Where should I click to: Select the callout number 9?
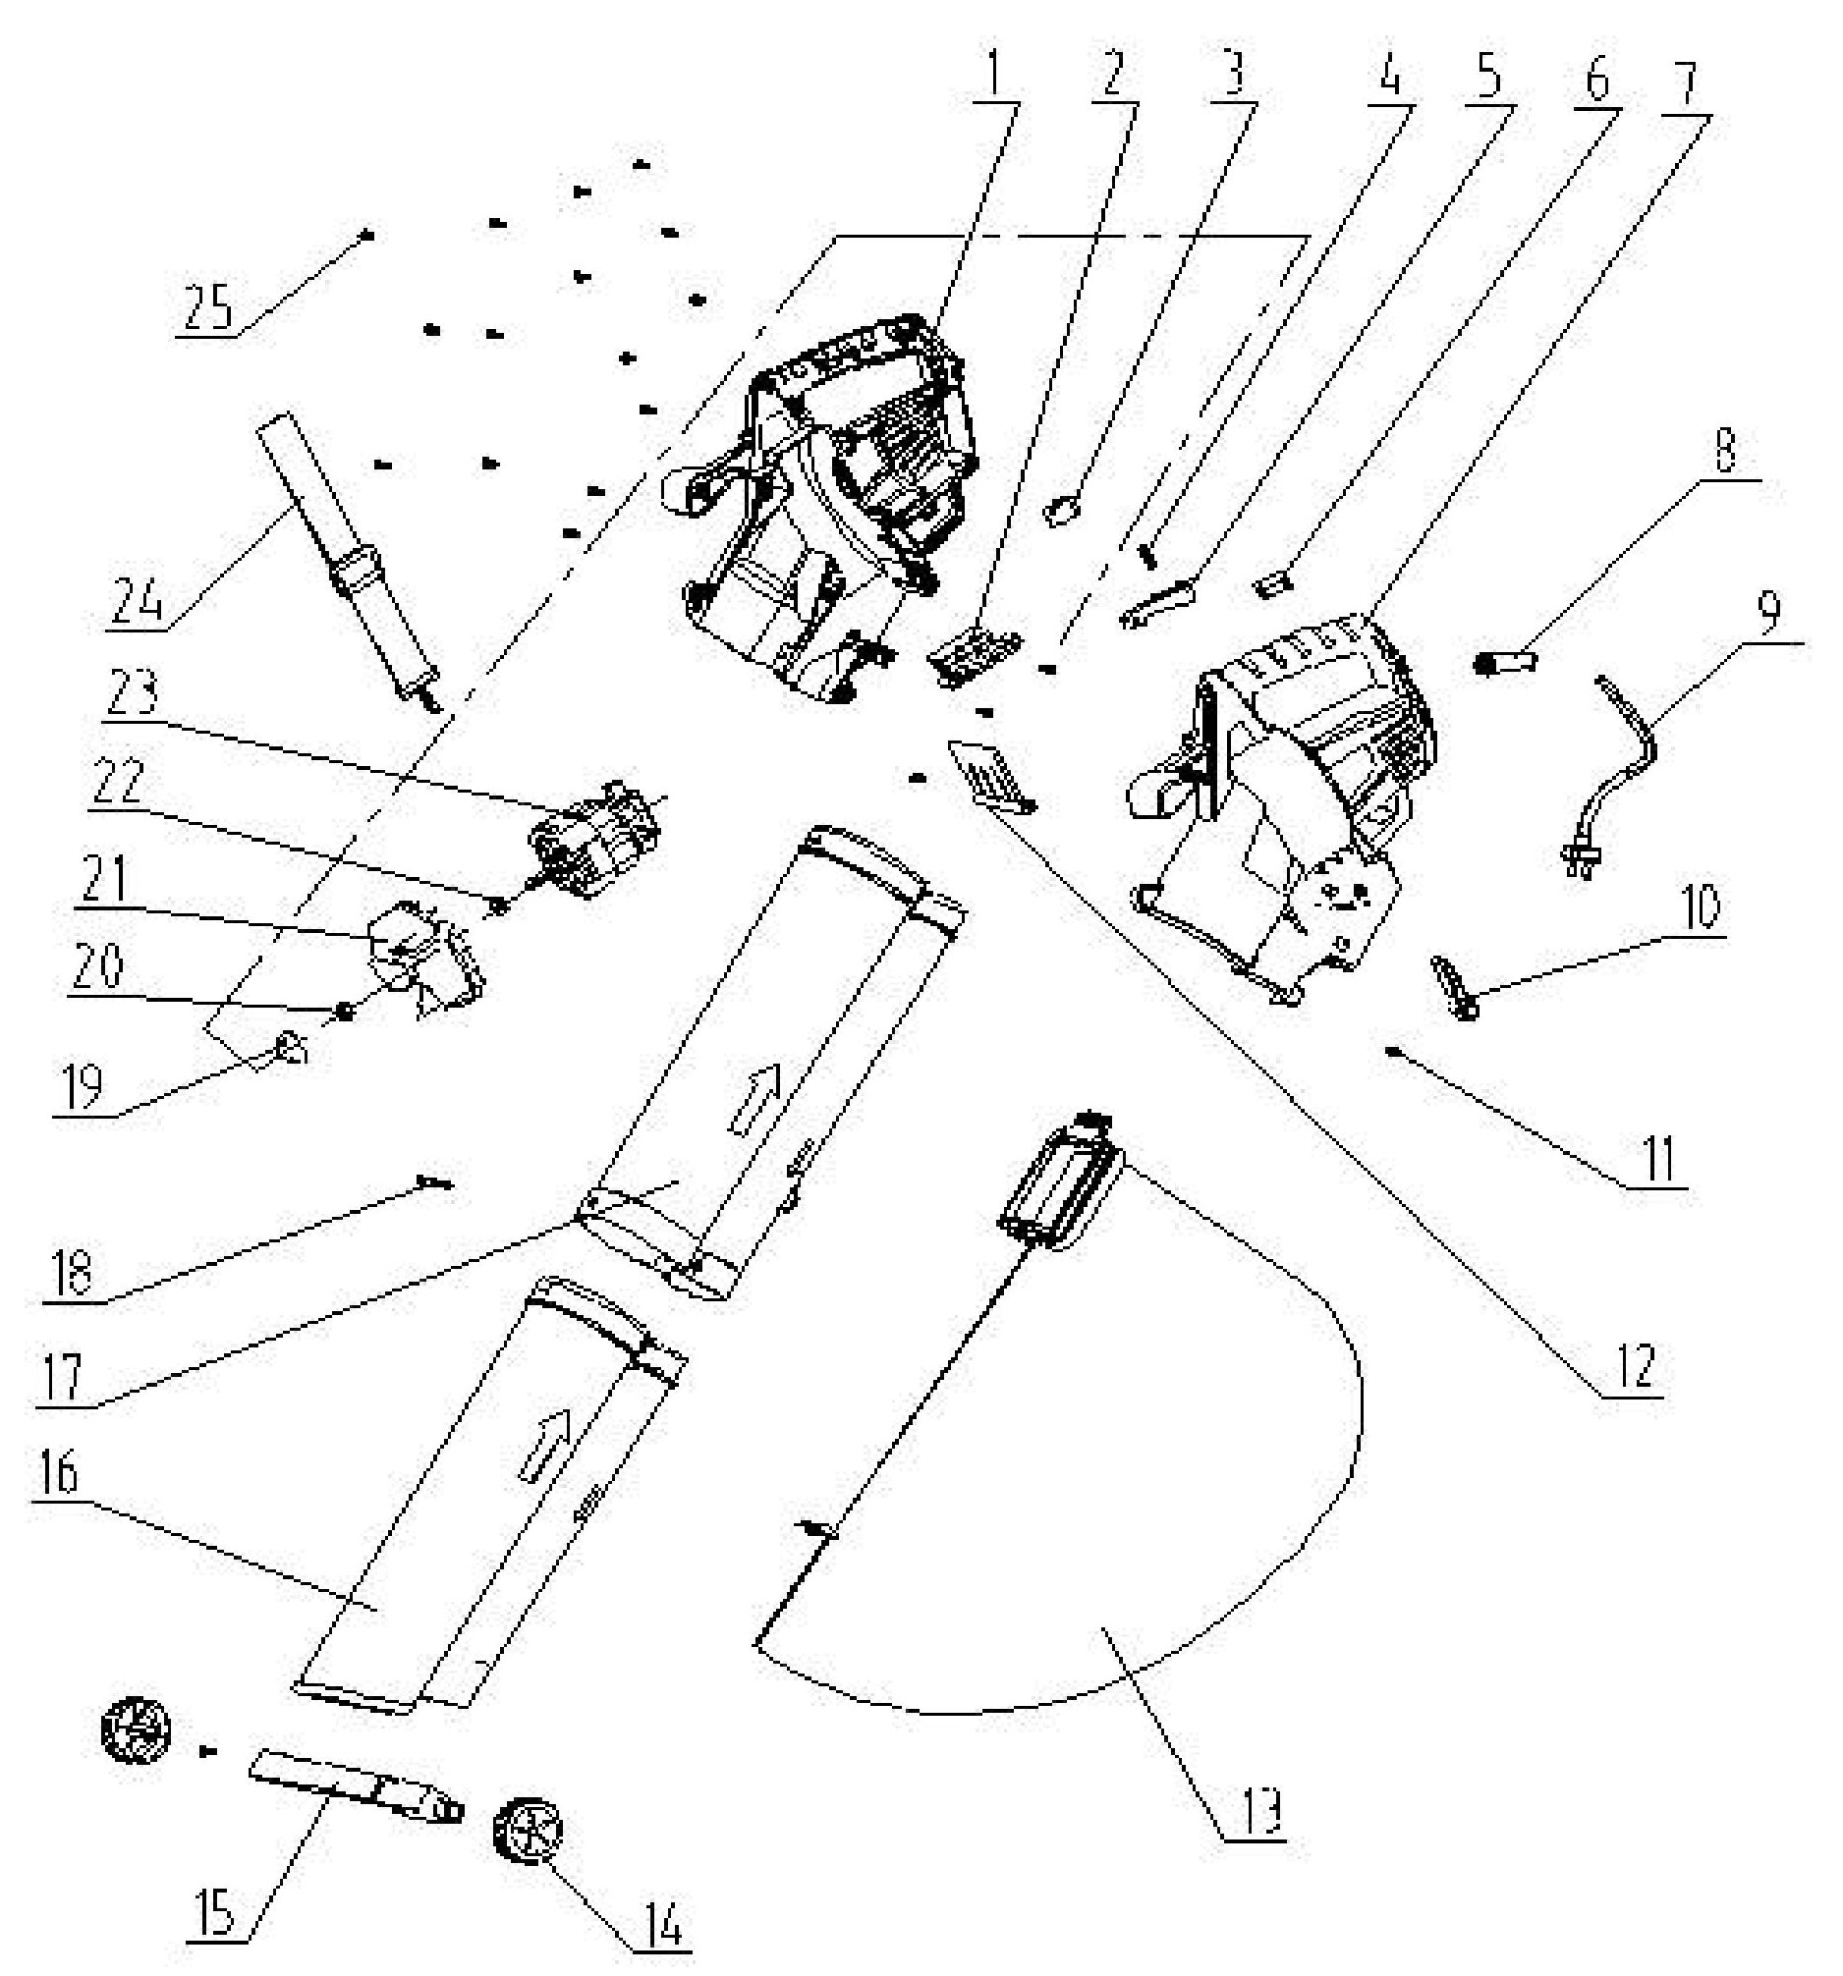coord(1769,613)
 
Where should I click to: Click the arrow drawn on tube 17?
coord(754,1098)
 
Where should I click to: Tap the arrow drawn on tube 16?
coord(545,1445)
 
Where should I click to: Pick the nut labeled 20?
coord(345,1011)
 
